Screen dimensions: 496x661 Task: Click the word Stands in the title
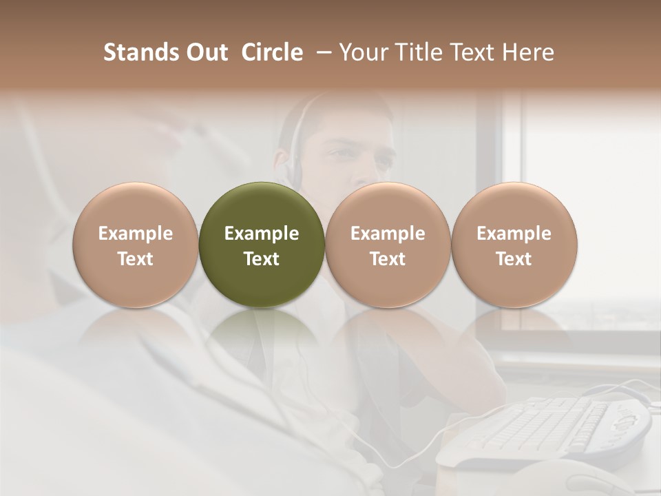[141, 52]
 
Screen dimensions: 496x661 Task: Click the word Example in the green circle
[262, 234]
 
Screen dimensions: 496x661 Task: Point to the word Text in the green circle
[262, 259]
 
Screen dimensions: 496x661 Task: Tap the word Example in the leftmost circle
[136, 234]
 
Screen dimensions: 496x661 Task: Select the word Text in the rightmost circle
[514, 259]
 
